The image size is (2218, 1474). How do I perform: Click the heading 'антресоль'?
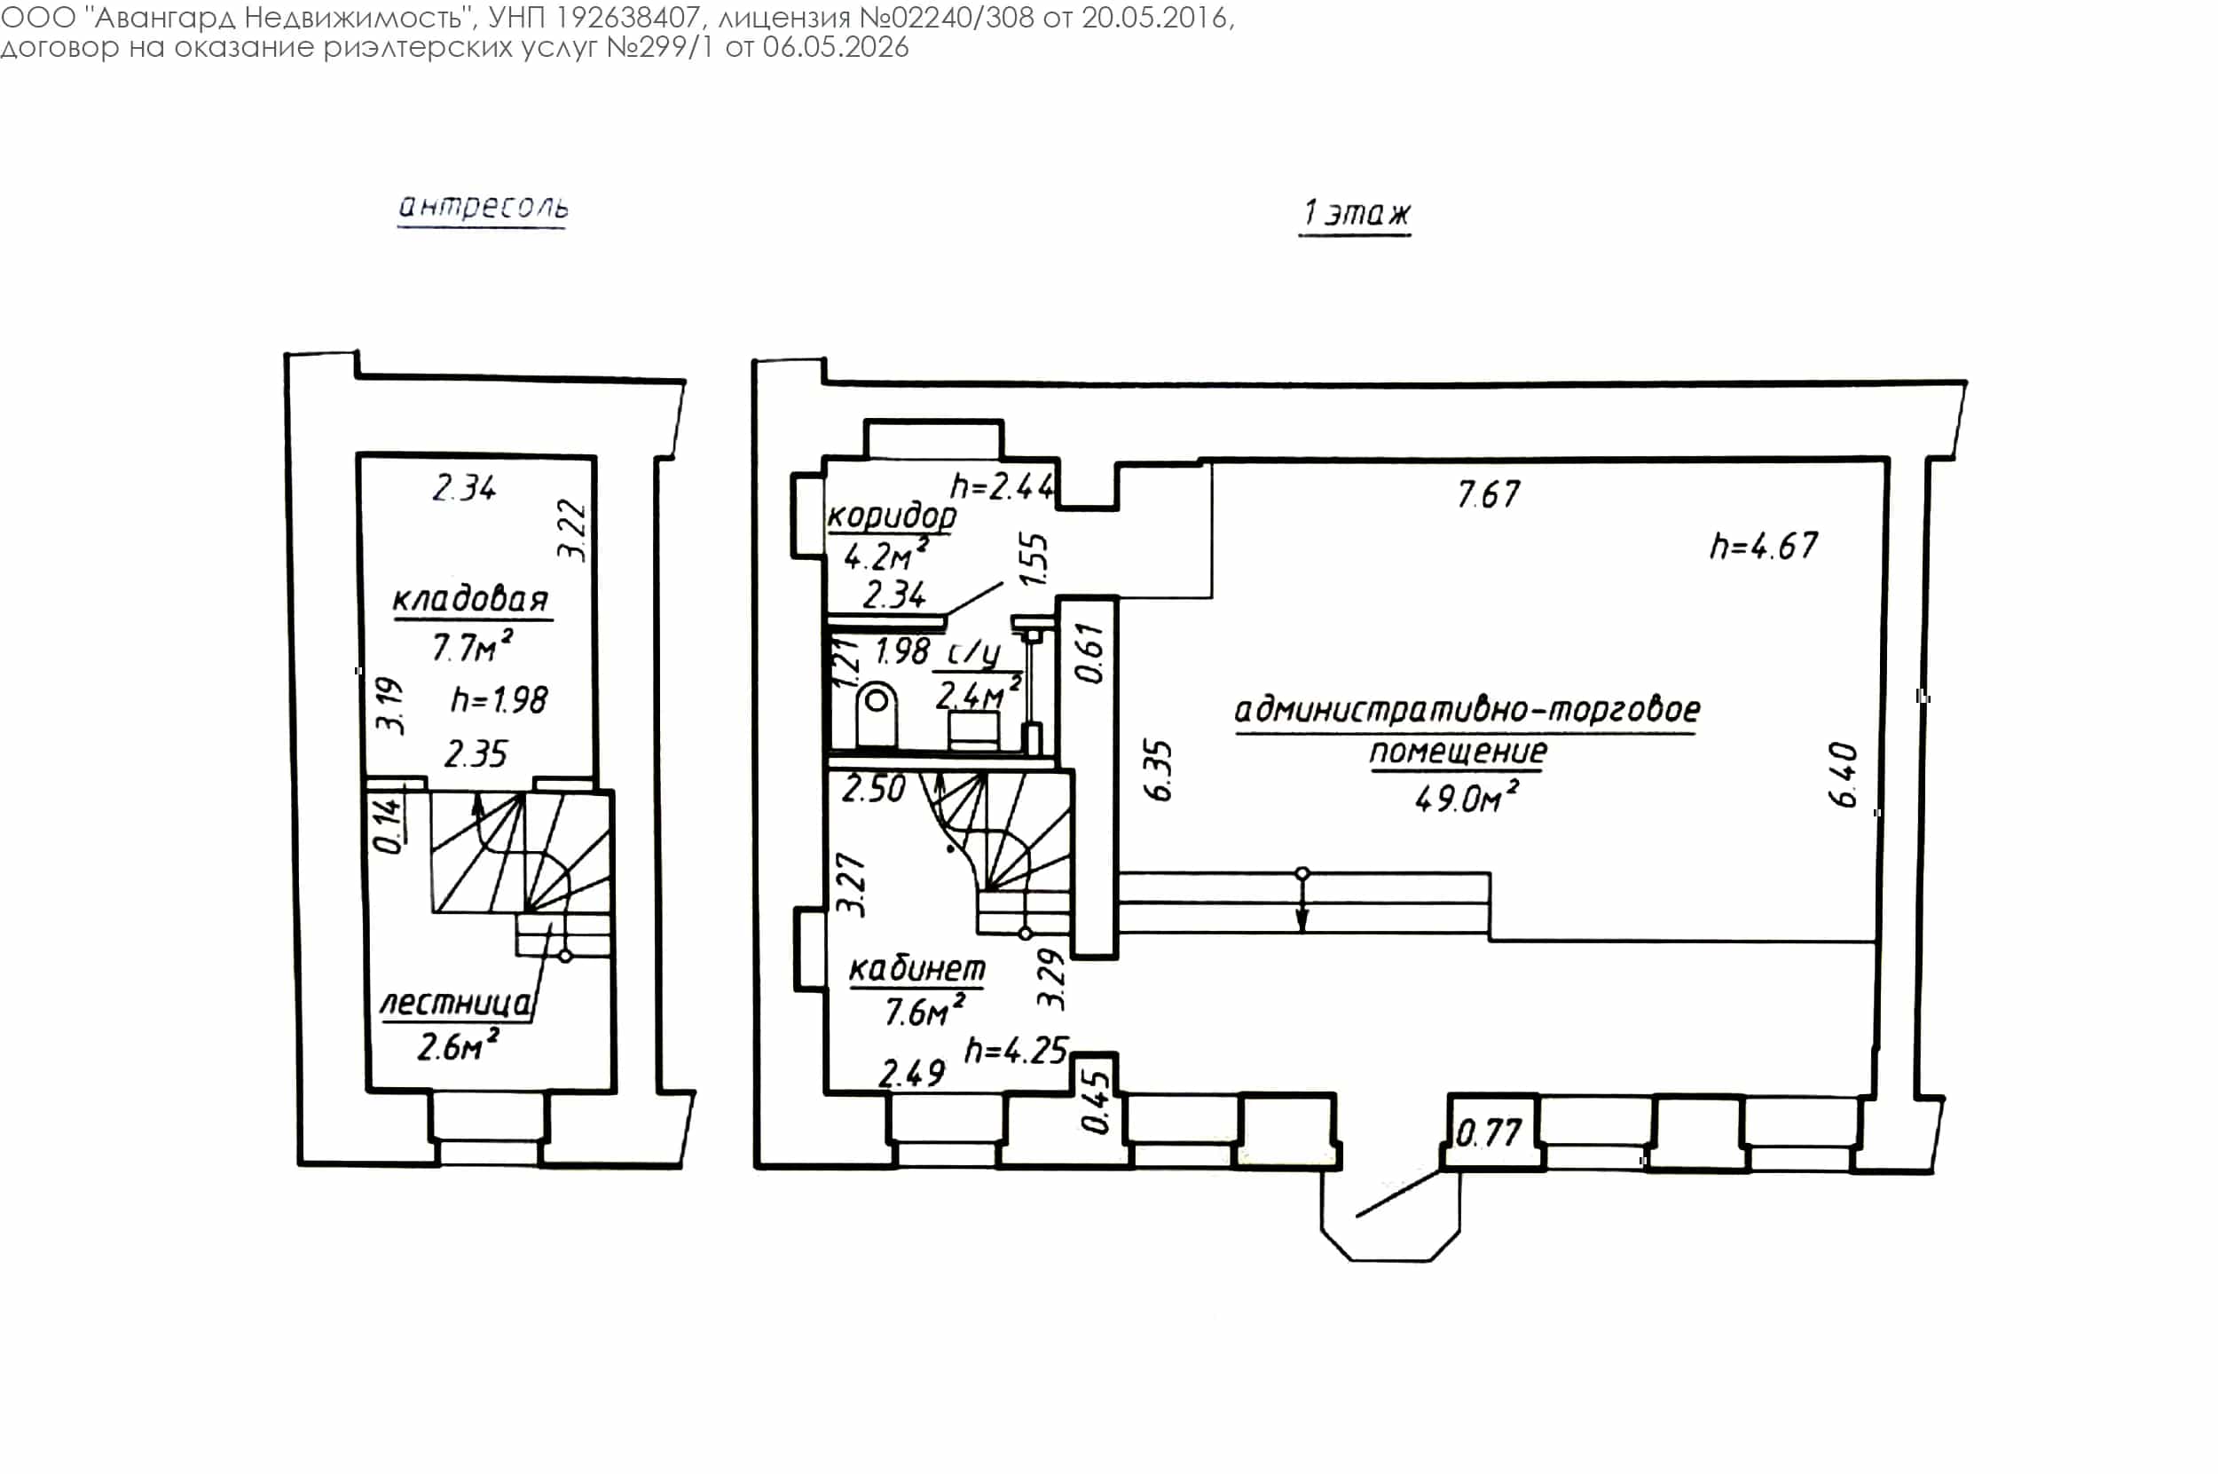tap(483, 206)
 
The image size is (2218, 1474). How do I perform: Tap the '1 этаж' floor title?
tap(1356, 213)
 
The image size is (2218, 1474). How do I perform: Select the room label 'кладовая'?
tap(471, 599)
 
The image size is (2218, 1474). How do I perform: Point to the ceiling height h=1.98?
tap(499, 699)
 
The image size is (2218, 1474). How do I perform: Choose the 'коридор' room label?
tap(892, 516)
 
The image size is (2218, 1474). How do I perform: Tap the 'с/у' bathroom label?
tap(973, 652)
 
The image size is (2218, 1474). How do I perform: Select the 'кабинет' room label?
tap(917, 968)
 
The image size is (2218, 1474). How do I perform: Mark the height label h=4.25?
tap(1016, 1050)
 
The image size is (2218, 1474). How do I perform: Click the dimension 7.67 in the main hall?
tap(1488, 494)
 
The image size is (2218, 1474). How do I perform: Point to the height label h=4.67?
tap(1764, 546)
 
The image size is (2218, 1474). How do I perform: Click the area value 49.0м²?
tap(1467, 798)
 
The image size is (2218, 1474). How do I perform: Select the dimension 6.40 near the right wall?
tap(1844, 774)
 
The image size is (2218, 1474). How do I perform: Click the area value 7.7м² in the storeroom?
tap(473, 647)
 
